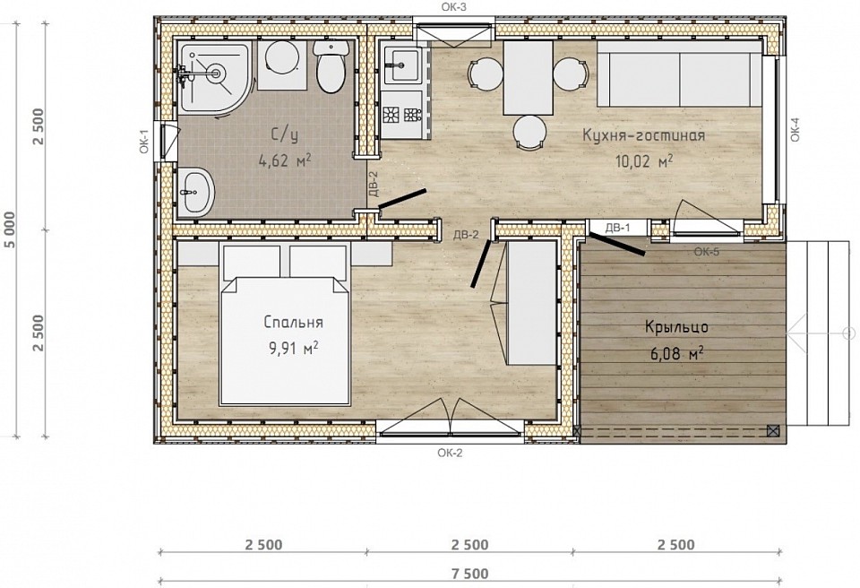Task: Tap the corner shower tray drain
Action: point(217,72)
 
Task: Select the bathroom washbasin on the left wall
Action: point(196,192)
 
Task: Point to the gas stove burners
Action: point(401,115)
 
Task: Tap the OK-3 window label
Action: point(453,6)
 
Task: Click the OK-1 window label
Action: point(144,141)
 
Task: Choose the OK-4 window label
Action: point(795,130)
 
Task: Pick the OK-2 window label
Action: point(451,453)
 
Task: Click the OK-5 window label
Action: point(707,252)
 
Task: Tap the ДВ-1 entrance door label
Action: point(617,228)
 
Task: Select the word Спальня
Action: point(294,323)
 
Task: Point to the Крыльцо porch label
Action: point(676,327)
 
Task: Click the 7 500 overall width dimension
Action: point(470,575)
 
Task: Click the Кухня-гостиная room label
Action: point(643,135)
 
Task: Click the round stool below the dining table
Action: point(529,133)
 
